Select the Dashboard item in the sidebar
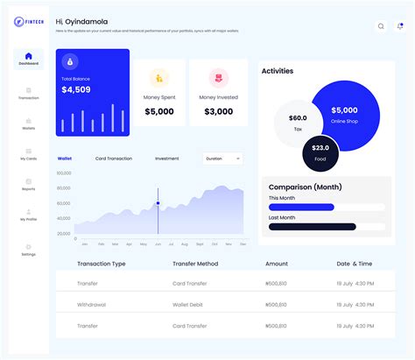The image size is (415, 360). (28, 59)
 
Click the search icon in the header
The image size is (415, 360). (380, 26)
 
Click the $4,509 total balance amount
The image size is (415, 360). (77, 89)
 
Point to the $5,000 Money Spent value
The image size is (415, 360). (158, 111)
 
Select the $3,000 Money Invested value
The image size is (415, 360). (218, 111)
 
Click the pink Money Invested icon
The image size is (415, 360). (218, 77)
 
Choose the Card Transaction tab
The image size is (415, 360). (113, 159)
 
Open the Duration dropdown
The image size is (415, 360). (222, 159)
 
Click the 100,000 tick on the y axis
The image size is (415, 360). (64, 173)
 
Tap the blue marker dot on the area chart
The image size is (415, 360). (158, 203)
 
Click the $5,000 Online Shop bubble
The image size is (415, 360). (343, 114)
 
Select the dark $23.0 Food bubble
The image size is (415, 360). (320, 152)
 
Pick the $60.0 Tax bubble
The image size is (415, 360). (298, 122)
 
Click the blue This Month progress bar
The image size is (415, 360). (301, 207)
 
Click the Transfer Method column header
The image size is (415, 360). (196, 264)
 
